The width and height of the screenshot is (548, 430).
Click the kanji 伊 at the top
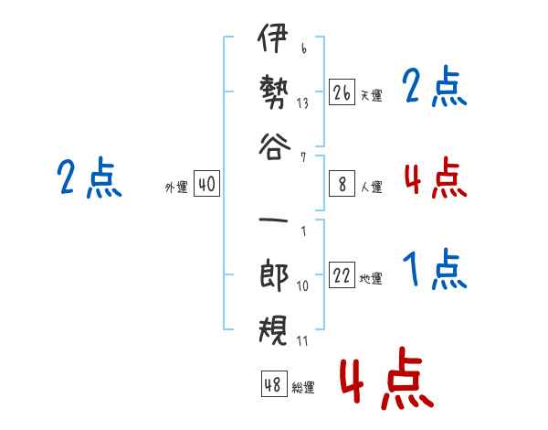pos(273,38)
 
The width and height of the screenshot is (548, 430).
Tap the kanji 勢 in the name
pos(274,91)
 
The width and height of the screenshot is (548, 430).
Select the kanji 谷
pos(274,146)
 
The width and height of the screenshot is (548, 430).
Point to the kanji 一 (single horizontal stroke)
pos(273,220)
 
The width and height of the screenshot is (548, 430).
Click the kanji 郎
pos(274,274)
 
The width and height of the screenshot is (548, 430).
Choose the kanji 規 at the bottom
pos(273,330)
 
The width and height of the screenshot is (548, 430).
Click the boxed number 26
pos(342,91)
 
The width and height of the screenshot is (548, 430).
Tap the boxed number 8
pos(342,184)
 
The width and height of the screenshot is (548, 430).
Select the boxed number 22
pos(342,274)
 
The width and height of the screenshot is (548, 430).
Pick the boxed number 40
pos(206,184)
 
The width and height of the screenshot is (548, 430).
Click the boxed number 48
pos(274,383)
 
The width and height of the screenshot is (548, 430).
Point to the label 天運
pos(372,95)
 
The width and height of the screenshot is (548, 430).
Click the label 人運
pos(372,187)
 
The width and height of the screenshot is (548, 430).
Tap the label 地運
pos(371,278)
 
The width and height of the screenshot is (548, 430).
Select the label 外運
pos(176,187)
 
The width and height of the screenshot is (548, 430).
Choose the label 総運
pos(303,387)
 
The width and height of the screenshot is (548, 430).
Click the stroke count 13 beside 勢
pos(302,103)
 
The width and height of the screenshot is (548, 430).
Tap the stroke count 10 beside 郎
pos(302,286)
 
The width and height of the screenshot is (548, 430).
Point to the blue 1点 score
pos(435,269)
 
